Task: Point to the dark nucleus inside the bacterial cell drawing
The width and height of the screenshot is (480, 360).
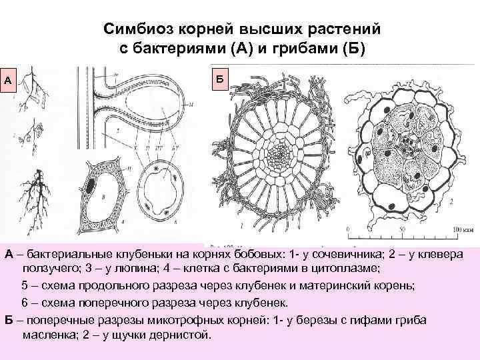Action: pos(90,183)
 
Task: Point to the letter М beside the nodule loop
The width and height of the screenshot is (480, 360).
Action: pos(192,105)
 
